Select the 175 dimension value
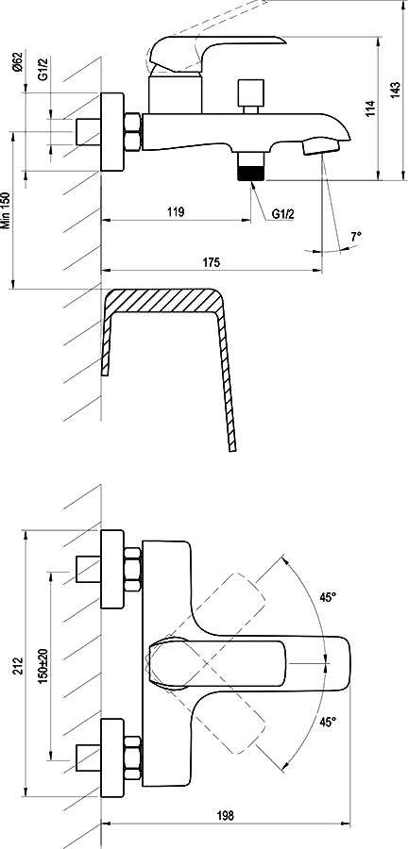pyautogui.click(x=212, y=262)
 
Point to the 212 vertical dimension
pyautogui.click(x=17, y=666)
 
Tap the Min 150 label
pyautogui.click(x=6, y=211)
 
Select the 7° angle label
pyautogui.click(x=356, y=237)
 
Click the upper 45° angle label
pyautogui.click(x=328, y=597)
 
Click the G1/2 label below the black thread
pyautogui.click(x=282, y=214)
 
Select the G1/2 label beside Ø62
pyautogui.click(x=42, y=72)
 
